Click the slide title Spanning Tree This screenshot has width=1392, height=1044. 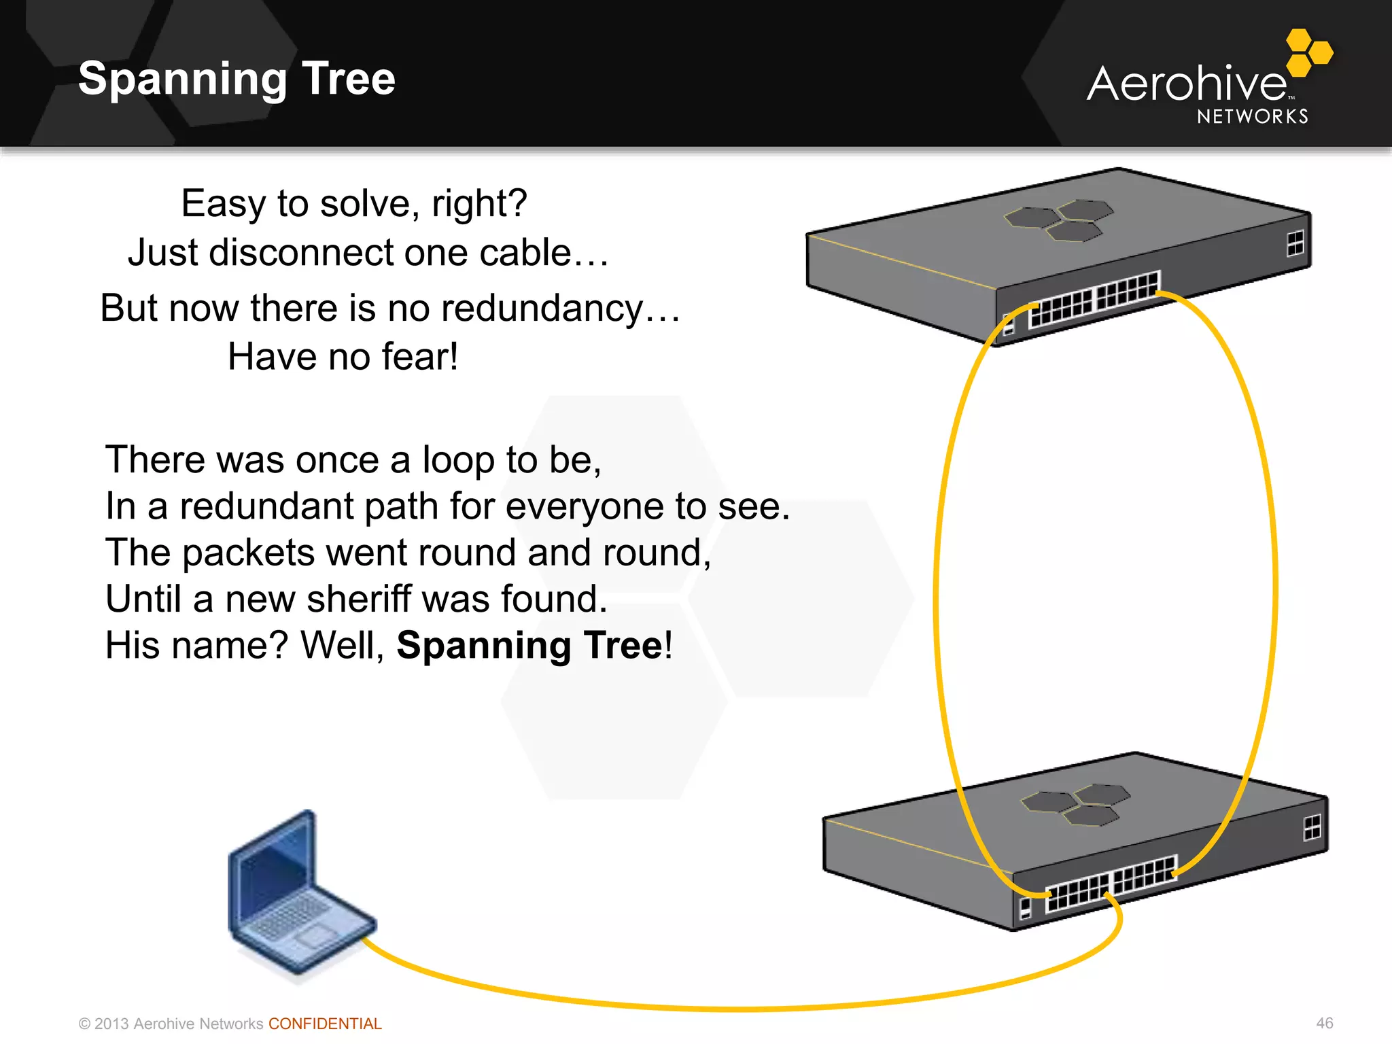pos(237,78)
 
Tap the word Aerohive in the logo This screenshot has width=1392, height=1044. pos(1186,84)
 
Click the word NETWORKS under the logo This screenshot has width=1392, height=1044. pos(1252,117)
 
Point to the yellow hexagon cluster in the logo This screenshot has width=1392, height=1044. pos(1308,52)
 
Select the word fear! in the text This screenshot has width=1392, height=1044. pos(419,357)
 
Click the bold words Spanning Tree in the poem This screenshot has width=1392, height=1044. pos(529,645)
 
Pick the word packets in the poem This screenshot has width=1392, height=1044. pos(248,553)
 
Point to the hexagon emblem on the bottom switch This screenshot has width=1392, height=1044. pos(1075,803)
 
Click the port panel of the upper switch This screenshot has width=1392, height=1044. pos(1094,299)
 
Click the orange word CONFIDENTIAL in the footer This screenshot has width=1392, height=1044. pos(325,1024)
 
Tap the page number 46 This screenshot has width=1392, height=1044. pos(1324,1023)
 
